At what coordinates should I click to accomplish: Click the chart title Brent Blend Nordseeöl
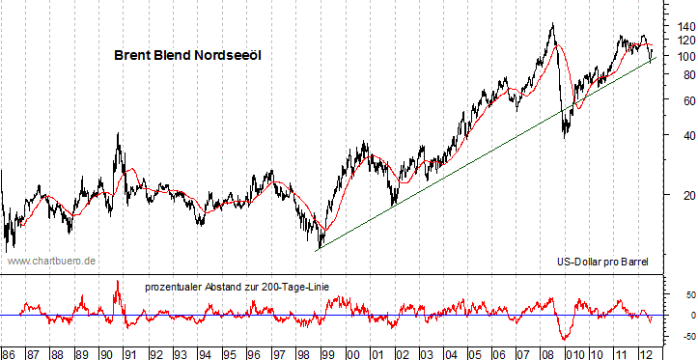pyautogui.click(x=187, y=57)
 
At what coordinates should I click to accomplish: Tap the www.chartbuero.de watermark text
pyautogui.click(x=51, y=261)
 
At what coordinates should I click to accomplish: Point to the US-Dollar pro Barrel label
pyautogui.click(x=602, y=262)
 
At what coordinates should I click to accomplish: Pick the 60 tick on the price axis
pyautogui.click(x=680, y=100)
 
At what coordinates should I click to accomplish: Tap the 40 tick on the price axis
pyautogui.click(x=680, y=136)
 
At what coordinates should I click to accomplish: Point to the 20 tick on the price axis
pyautogui.click(x=680, y=197)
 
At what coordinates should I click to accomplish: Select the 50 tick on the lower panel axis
pyautogui.click(x=681, y=293)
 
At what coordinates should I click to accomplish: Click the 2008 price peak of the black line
pyautogui.click(x=552, y=24)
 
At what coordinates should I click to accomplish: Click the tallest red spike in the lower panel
pyautogui.click(x=118, y=281)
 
